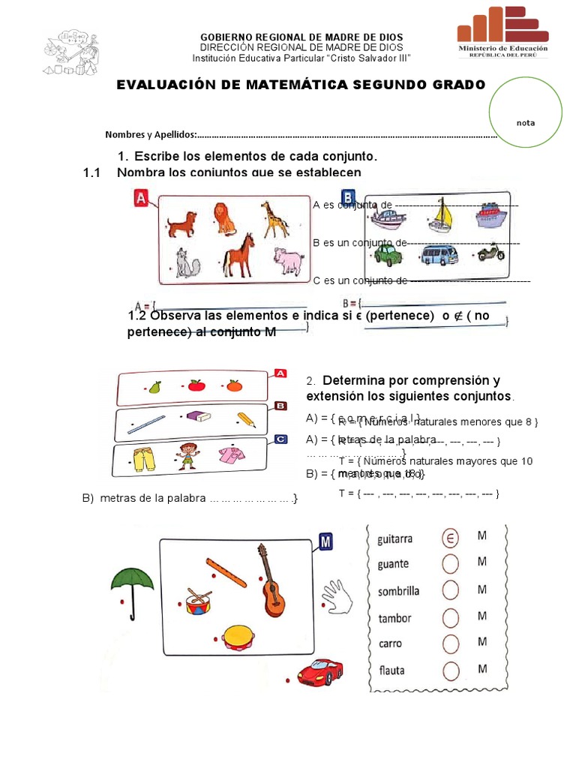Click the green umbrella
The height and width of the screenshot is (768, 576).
point(132,581)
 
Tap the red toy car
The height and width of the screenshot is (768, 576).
point(320,669)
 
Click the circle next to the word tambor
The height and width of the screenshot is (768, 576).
point(451,617)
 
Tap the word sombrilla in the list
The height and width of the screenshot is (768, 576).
point(398,591)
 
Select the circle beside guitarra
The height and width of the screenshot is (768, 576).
point(451,538)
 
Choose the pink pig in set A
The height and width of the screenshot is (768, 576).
point(290,262)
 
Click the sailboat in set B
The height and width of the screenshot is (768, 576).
point(440,215)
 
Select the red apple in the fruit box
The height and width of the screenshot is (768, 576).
point(196,385)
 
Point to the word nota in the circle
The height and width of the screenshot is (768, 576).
point(525,123)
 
